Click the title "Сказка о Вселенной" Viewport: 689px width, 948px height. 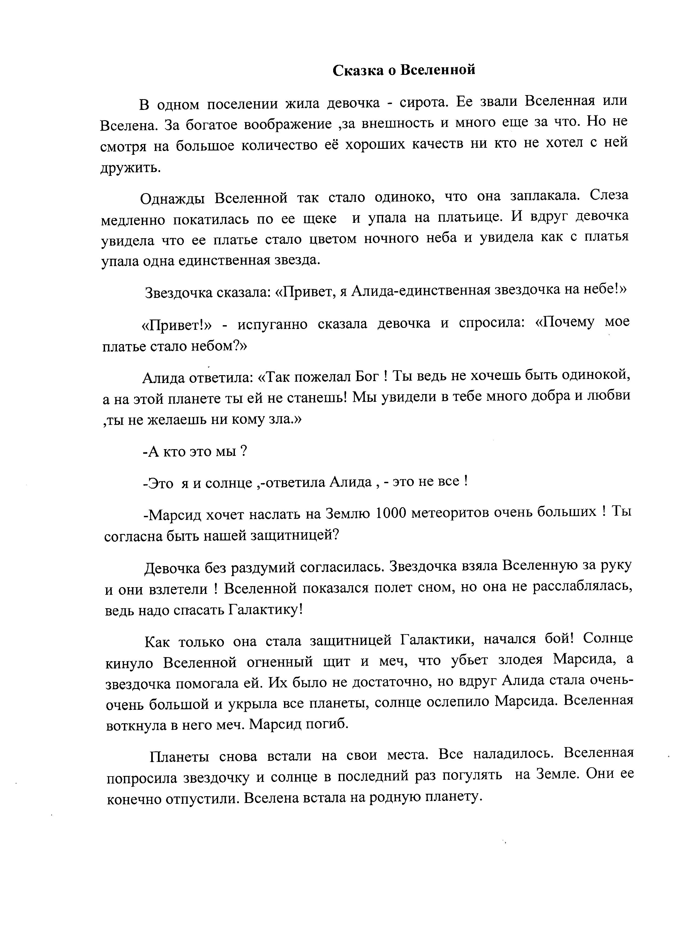pyautogui.click(x=404, y=70)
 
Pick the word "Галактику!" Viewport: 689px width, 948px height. pyautogui.click(x=265, y=611)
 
